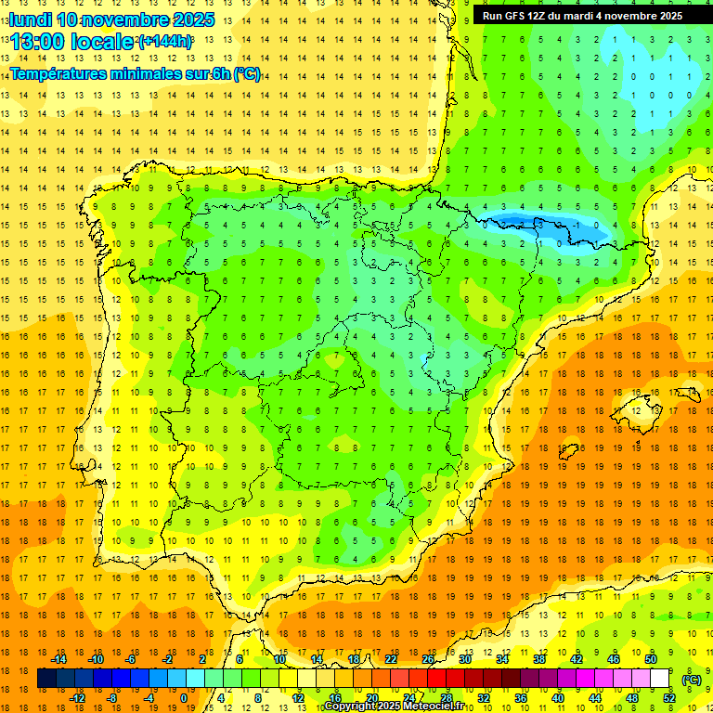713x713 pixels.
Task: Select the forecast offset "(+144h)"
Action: pyautogui.click(x=165, y=42)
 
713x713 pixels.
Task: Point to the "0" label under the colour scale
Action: pyautogui.click(x=183, y=698)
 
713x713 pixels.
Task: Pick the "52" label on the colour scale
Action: pyautogui.click(x=669, y=698)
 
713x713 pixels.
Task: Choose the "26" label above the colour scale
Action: pyautogui.click(x=428, y=659)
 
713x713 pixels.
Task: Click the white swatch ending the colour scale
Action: pyautogui.click(x=659, y=679)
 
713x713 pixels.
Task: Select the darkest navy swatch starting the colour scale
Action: pyautogui.click(x=46, y=679)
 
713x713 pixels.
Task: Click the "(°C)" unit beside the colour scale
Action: pyautogui.click(x=692, y=679)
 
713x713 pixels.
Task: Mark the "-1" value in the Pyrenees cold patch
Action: pyautogui.click(x=577, y=225)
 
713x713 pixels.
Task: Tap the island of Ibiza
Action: pyautogui.click(x=568, y=451)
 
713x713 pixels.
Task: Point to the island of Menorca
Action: pyautogui.click(x=688, y=393)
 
